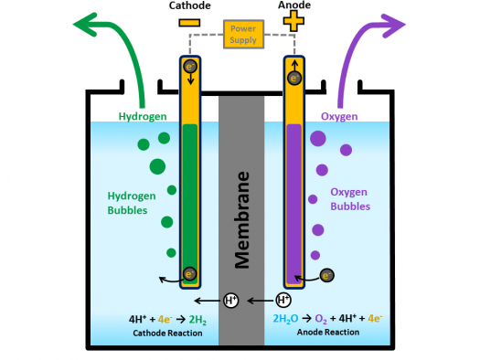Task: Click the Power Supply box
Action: tap(241, 34)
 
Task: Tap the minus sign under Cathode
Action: tap(189, 21)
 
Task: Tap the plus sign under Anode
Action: tap(294, 21)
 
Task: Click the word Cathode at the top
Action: tap(189, 5)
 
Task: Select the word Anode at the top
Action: tap(293, 5)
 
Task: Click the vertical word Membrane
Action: tap(241, 218)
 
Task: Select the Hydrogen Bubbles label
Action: tap(133, 202)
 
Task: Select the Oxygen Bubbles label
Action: tap(351, 199)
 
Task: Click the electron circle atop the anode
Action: tap(294, 78)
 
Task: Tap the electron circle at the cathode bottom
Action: tap(189, 273)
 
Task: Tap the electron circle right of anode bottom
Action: tap(326, 273)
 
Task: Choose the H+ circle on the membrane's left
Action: tap(232, 300)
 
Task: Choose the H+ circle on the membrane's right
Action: tap(283, 300)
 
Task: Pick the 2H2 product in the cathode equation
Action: tap(197, 319)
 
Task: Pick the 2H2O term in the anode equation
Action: tap(286, 319)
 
